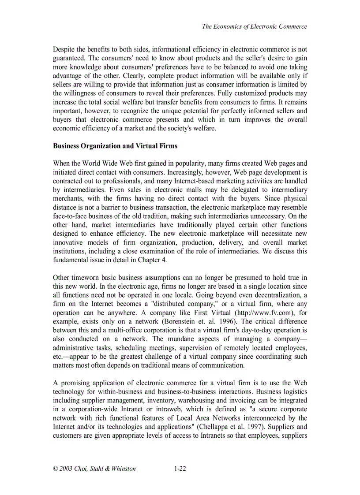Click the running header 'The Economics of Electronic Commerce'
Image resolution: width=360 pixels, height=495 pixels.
pyautogui.click(x=255, y=26)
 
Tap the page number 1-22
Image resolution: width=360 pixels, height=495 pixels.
pyautogui.click(x=180, y=469)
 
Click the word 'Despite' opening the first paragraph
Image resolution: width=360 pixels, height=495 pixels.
pyautogui.click(x=63, y=49)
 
